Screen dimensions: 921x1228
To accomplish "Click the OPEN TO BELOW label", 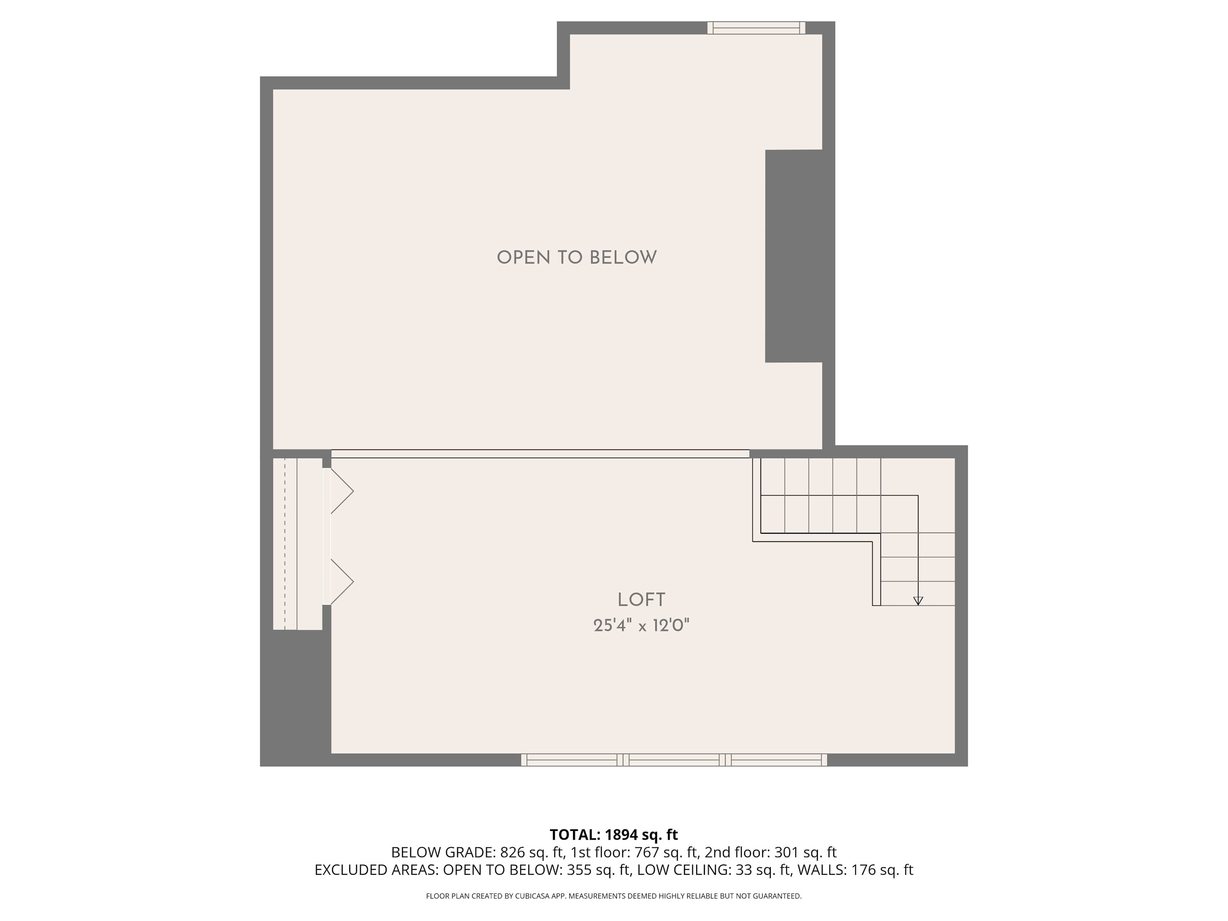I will [x=576, y=257].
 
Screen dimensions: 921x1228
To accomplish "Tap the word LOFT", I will [x=641, y=600].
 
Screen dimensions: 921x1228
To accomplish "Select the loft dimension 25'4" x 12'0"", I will [x=641, y=625].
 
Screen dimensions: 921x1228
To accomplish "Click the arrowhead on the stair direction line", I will [x=918, y=600].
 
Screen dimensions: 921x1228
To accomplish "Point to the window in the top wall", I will [x=756, y=28].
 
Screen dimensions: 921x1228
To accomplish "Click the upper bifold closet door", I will [x=341, y=491].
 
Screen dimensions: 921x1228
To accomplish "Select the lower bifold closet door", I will [x=341, y=581].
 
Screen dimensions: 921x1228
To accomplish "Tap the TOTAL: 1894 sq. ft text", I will [x=614, y=834].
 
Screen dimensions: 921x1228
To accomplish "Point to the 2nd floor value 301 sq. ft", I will [x=805, y=852].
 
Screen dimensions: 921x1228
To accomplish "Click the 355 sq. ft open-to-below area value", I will [x=598, y=870].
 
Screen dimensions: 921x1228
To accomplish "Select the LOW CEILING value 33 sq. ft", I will [x=762, y=870].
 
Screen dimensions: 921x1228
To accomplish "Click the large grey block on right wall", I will [x=793, y=256].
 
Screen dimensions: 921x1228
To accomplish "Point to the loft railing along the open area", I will [x=540, y=454].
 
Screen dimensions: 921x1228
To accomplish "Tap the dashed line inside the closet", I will [x=285, y=544].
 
